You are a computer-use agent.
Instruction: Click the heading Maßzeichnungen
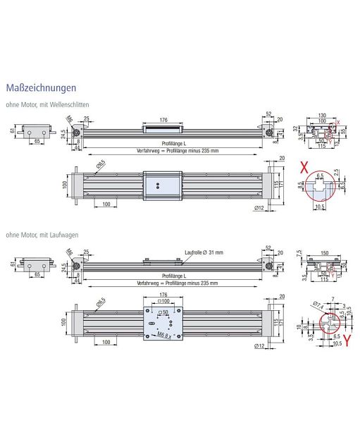pos(40,89)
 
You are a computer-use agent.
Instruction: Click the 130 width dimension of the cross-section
pos(322,114)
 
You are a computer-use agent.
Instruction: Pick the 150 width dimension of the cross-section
pos(322,252)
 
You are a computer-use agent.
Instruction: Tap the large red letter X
pos(304,169)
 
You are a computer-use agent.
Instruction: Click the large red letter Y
pos(347,346)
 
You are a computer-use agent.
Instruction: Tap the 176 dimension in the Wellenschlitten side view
pos(163,120)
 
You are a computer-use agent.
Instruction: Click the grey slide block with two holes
pos(161,185)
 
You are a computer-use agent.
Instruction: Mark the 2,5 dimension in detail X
pos(337,171)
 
